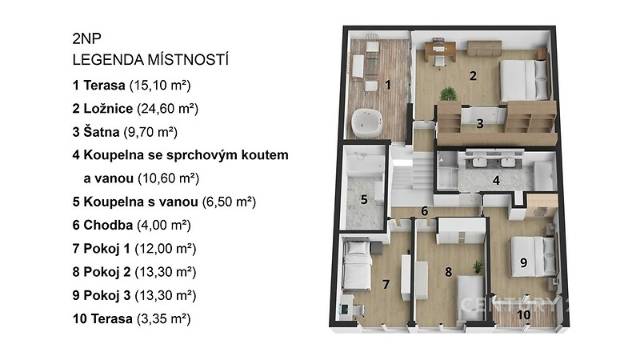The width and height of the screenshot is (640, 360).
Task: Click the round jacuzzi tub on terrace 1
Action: (366, 123)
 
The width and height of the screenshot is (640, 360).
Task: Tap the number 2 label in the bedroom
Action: (473, 76)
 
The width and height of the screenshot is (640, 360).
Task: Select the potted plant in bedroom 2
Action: (448, 94)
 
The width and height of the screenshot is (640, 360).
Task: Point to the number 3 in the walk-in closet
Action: (480, 123)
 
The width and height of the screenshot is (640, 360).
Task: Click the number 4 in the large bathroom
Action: (496, 180)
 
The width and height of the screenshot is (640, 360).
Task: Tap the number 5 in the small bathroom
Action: (364, 199)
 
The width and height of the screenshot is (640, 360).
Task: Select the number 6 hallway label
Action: (425, 211)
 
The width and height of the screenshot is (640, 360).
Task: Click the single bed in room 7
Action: (356, 265)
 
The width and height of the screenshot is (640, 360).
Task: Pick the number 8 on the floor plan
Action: (449, 271)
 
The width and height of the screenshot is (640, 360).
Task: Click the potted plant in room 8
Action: (477, 267)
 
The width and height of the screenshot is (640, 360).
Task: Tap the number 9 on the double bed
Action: (524, 262)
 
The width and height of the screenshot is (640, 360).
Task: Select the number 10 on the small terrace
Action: (524, 314)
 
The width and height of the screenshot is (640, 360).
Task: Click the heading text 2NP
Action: (86, 38)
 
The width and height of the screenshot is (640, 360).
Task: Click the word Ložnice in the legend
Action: (108, 109)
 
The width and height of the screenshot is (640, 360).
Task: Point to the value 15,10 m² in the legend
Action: (160, 86)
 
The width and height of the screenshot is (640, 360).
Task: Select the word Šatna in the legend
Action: (102, 132)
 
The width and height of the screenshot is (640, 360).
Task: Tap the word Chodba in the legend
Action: (108, 225)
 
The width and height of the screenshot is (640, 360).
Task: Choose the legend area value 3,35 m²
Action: (164, 318)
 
